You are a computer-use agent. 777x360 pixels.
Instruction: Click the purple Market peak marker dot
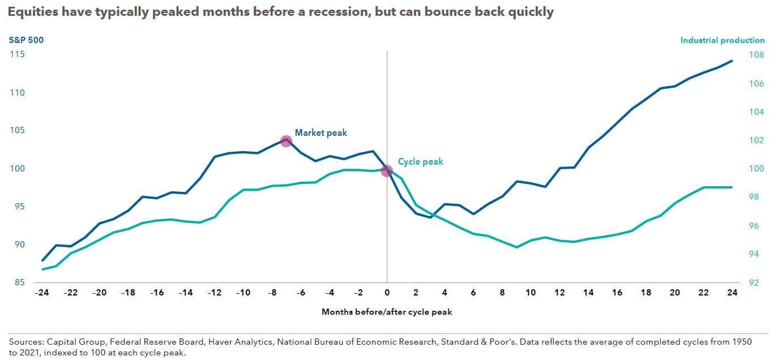(286, 141)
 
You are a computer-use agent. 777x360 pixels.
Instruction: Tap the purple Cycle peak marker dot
(387, 170)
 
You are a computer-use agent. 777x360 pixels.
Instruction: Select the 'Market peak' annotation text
(321, 133)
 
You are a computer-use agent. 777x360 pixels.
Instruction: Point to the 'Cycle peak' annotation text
(420, 162)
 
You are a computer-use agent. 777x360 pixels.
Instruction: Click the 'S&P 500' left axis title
(26, 40)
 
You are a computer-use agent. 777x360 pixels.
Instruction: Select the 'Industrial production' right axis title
(722, 40)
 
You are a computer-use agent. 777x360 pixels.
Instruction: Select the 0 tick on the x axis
(387, 293)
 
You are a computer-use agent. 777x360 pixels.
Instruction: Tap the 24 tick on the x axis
(732, 293)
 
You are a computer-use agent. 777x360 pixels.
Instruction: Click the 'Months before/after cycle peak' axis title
(387, 312)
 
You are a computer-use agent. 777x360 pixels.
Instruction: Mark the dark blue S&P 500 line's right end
(732, 61)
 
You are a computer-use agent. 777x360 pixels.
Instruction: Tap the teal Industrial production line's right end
(732, 187)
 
